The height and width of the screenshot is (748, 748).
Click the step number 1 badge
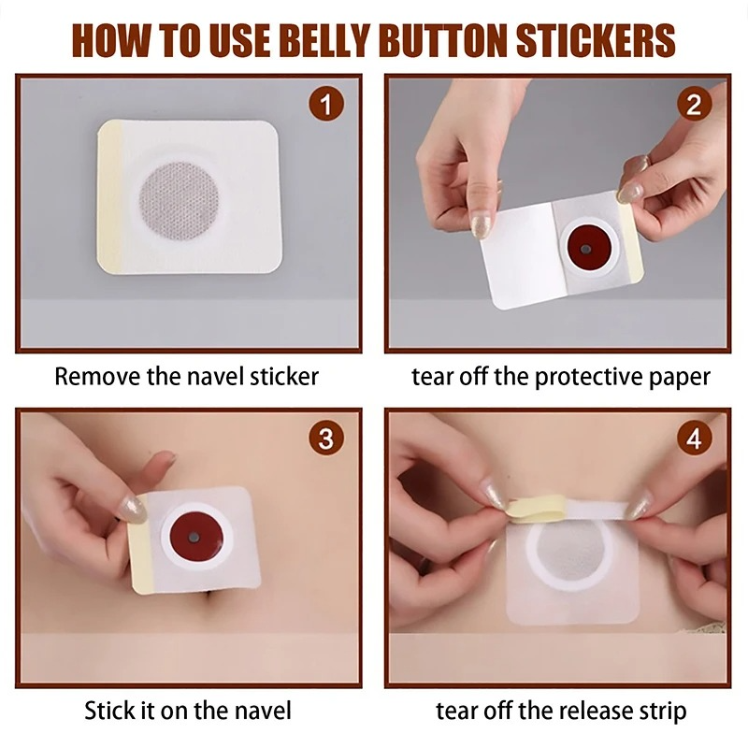[x=325, y=104]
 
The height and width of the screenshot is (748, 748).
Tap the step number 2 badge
[x=693, y=104]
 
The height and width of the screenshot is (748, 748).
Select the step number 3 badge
[x=325, y=438]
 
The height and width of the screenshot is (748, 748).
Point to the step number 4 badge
[x=693, y=438]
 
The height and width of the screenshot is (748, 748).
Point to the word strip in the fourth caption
[x=660, y=711]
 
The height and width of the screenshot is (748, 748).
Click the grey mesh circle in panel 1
[x=179, y=197]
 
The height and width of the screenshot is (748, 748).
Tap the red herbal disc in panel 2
[x=584, y=251]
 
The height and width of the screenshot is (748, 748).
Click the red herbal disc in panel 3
[x=195, y=539]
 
